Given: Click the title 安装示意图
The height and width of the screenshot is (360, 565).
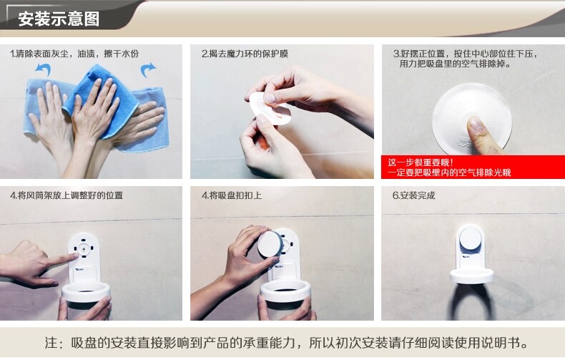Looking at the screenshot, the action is (x=59, y=19).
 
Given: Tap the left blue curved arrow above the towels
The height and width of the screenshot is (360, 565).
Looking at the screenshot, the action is (x=43, y=69).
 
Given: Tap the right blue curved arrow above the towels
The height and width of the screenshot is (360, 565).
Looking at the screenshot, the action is (x=148, y=69).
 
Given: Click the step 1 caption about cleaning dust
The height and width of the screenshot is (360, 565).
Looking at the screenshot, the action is (x=74, y=54).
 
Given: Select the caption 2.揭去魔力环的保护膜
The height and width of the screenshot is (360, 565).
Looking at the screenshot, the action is (x=245, y=54).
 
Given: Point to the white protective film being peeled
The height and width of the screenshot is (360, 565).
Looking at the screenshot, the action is (x=270, y=108).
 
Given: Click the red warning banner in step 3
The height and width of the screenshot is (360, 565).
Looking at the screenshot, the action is (x=473, y=167).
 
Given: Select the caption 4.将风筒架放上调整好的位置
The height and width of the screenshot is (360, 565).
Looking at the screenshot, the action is (x=67, y=195).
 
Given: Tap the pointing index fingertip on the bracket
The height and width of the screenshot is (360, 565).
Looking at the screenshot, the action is (x=75, y=256).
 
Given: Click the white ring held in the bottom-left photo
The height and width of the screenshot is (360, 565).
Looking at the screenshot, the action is (x=86, y=291).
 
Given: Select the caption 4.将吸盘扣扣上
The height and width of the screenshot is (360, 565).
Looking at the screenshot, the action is (x=232, y=195).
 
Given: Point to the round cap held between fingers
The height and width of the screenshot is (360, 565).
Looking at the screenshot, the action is (x=270, y=244).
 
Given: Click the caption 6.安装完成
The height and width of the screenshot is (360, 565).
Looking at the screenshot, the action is (x=413, y=195).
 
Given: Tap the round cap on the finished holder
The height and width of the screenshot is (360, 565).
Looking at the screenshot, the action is (x=471, y=238).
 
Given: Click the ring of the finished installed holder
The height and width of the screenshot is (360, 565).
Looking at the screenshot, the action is (x=472, y=276).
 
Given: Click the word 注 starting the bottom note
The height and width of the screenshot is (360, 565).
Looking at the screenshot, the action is (x=51, y=342).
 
